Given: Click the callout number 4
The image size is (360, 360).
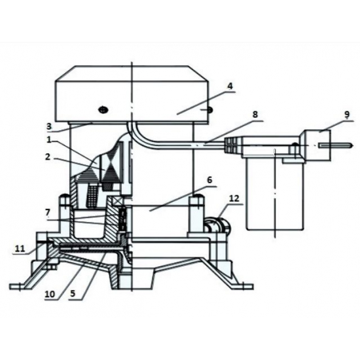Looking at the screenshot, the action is click(x=230, y=86).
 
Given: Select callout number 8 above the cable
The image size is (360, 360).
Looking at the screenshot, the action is click(x=255, y=115).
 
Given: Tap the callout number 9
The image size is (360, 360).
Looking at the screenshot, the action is click(x=347, y=114).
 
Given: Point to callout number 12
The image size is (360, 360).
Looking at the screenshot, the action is click(x=234, y=198).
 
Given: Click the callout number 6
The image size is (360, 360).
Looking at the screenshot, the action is click(x=209, y=180).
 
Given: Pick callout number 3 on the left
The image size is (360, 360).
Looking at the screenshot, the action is click(x=49, y=126).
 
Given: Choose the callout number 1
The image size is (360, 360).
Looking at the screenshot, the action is click(x=48, y=140).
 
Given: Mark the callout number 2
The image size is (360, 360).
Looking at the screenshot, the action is click(x=48, y=157).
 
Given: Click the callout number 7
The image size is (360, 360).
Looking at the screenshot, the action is click(x=48, y=212).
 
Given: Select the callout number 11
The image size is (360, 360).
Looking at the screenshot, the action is click(x=20, y=249).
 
